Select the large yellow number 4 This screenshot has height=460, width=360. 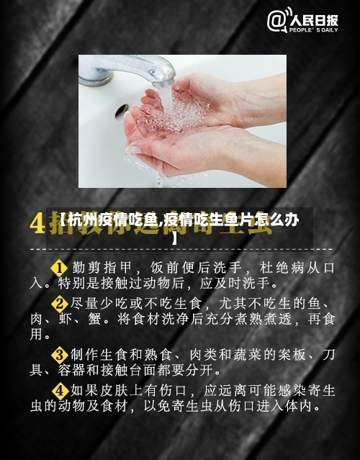tap(37, 222)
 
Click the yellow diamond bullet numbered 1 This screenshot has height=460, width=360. tap(58, 267)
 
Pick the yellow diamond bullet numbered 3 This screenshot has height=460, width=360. tap(58, 354)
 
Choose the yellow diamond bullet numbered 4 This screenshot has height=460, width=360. tap(58, 390)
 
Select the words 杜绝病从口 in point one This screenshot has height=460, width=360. tap(288, 267)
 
